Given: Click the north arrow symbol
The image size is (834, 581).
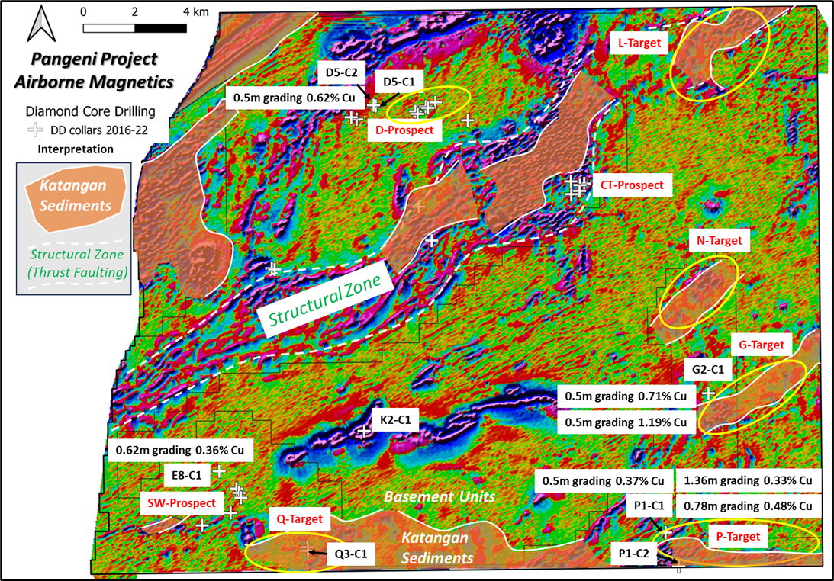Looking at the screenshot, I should click(39, 24).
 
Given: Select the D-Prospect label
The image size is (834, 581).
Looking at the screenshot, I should click(404, 130).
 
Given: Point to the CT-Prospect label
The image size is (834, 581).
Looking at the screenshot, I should click(632, 185).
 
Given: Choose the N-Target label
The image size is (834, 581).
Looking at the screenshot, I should click(719, 241).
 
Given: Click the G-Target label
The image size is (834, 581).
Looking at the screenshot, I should click(761, 345).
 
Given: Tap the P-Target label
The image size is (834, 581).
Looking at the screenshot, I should click(738, 537).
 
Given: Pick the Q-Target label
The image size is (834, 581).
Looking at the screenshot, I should click(299, 519).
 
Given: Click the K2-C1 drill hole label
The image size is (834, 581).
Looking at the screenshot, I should click(395, 420).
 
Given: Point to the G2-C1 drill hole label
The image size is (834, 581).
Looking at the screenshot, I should click(707, 370).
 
